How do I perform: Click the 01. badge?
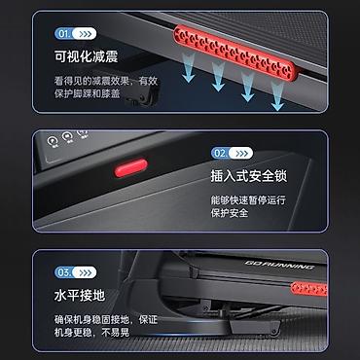pos(76,34)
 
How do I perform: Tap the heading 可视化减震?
pos(86,56)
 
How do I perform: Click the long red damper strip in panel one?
pos(234,53)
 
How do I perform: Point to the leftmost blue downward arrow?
pos(189,67)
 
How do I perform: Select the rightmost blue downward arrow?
pos(277,96)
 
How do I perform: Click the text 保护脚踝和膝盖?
pos(88,93)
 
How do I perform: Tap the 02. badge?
pos(232,153)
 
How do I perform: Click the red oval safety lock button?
pos(131,168)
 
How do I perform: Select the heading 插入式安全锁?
pos(249,176)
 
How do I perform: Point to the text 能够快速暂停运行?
pos(248,199)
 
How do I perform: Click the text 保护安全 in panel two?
pos(230,213)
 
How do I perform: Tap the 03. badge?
pos(76,272)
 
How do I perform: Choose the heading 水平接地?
pos(80,296)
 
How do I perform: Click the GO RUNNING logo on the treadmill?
pos(279,265)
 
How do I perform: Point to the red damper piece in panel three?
pos(308,289)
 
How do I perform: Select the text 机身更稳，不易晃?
pos(91,333)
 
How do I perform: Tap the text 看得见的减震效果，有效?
pos(106,81)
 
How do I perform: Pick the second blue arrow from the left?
pos(218,77)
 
